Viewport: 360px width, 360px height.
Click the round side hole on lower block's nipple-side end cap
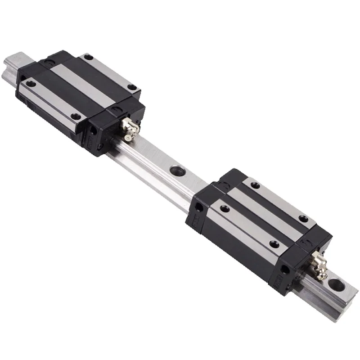[x=284, y=269]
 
